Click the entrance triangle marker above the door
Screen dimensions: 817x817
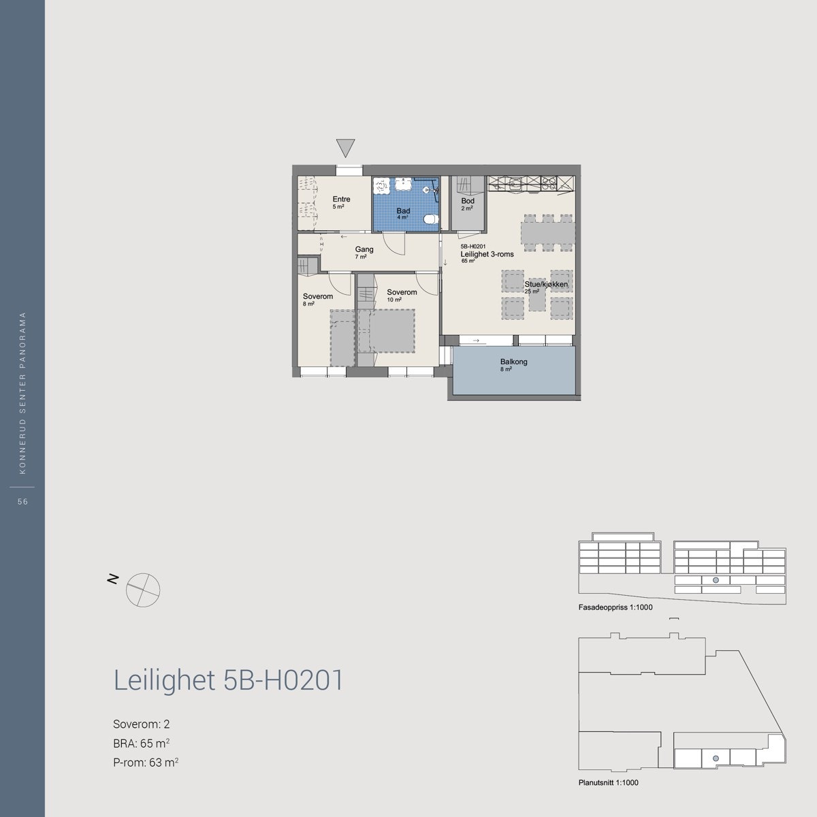pos(346,147)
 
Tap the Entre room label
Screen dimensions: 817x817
pos(341,199)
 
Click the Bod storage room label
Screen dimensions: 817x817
pos(468,202)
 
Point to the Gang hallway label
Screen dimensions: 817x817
pos(364,250)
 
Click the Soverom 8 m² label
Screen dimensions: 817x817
pos(317,297)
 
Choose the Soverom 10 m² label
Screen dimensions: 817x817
pos(402,293)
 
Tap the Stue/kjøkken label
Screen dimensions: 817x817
pos(546,285)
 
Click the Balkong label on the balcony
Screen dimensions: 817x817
pos(513,362)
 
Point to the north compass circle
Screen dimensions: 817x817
pos(143,590)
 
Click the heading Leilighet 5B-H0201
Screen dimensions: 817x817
pos(228,681)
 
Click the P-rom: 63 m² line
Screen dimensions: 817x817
pos(146,763)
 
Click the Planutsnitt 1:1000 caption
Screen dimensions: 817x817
pos(608,783)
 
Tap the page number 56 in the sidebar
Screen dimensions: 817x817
pos(22,502)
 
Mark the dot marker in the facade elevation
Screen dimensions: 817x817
pos(715,580)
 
